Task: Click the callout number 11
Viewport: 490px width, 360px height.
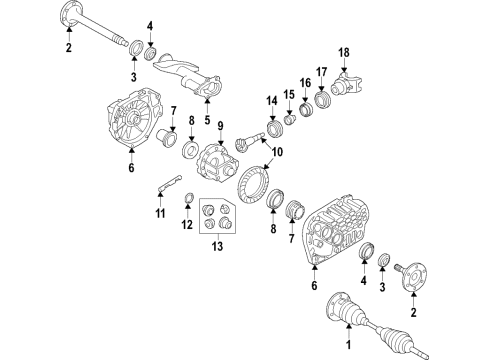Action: [x=160, y=213]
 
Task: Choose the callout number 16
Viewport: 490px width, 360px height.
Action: [x=304, y=85]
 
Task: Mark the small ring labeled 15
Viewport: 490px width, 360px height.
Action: [x=286, y=118]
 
